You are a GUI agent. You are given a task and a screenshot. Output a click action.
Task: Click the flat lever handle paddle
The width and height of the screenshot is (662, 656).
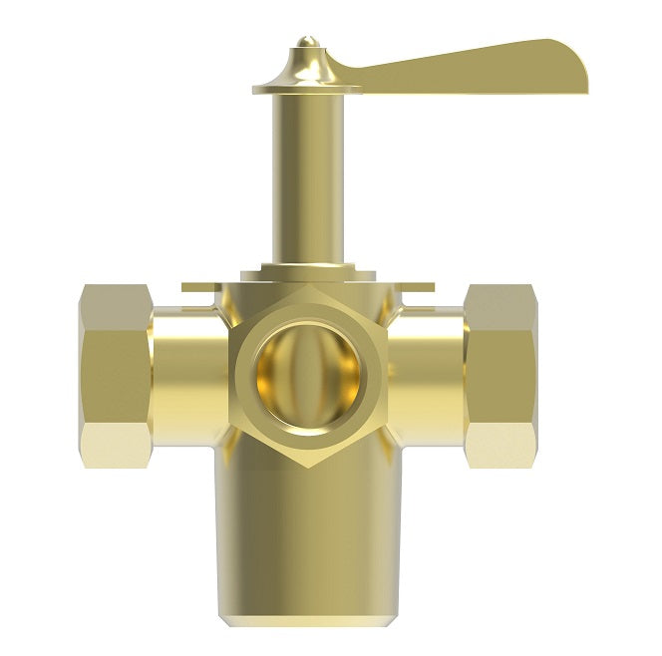pyautogui.click(x=469, y=67)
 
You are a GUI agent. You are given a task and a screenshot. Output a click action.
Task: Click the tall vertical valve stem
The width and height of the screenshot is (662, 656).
pyautogui.click(x=307, y=179)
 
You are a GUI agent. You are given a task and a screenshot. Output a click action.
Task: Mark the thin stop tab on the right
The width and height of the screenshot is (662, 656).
pyautogui.click(x=420, y=288)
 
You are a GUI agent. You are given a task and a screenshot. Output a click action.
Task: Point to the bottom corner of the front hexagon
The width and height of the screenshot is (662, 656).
pyautogui.click(x=307, y=467)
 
